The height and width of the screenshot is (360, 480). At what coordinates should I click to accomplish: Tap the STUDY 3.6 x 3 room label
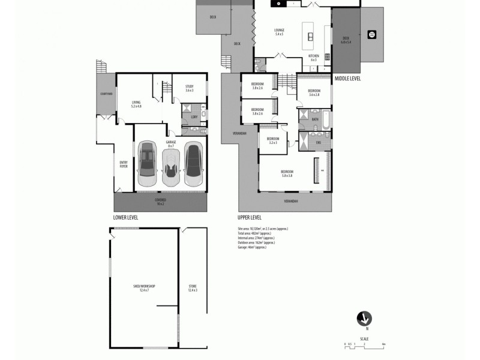190,89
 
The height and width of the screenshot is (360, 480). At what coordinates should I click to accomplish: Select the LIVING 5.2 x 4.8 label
137,104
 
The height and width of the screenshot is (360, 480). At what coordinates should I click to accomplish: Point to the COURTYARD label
106,94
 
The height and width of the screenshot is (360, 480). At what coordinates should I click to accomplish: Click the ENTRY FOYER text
124,164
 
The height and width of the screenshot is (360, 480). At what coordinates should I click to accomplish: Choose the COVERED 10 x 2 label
160,202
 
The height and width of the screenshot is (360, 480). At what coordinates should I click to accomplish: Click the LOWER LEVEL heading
125,217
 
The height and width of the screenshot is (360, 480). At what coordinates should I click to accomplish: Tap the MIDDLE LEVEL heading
347,78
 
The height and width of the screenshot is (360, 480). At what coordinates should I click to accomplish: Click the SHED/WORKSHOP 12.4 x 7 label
144,287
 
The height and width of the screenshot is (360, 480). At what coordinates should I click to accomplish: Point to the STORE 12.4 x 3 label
192,287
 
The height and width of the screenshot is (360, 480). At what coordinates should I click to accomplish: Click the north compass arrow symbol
364,319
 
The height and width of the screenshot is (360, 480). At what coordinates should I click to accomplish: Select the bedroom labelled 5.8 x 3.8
286,174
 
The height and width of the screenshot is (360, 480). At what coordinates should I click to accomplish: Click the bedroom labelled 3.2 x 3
273,140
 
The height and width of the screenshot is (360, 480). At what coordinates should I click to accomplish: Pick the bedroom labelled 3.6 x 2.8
314,92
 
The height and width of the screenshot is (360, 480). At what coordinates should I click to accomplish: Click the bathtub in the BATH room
323,120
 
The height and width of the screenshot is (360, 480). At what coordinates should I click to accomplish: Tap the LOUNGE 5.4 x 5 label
279,32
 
